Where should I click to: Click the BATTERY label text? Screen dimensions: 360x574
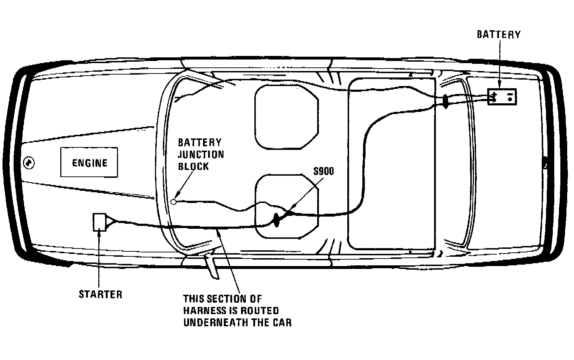[498, 34]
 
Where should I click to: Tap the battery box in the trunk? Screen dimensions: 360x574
[502, 97]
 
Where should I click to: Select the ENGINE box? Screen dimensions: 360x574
[89, 162]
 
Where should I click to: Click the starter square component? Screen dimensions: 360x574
[99, 222]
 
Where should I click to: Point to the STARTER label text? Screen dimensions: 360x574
[100, 294]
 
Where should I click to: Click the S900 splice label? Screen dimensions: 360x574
[324, 171]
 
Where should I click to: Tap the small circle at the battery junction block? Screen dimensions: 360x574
[174, 202]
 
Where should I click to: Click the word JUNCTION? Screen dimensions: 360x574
[201, 155]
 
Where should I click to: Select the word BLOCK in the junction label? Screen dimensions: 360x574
[193, 166]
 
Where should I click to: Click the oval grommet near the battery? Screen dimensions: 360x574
[446, 101]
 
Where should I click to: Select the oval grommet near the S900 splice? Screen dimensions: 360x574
[277, 220]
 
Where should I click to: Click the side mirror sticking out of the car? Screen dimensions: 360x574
[212, 267]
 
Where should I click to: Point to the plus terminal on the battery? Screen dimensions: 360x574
[494, 97]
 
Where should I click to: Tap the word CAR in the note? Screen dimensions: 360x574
[282, 322]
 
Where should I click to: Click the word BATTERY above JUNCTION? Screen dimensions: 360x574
[200, 142]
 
